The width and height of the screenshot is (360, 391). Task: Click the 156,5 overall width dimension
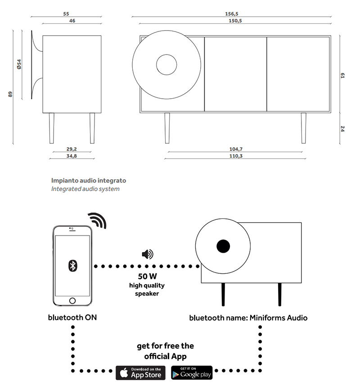click(x=232, y=14)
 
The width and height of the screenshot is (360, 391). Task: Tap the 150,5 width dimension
click(x=232, y=21)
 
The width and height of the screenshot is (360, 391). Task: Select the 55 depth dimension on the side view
click(x=67, y=14)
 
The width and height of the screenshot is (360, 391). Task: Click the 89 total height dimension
click(x=10, y=94)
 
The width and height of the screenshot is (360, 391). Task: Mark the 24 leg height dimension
click(x=342, y=128)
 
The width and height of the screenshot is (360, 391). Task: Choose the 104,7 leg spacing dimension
click(x=236, y=149)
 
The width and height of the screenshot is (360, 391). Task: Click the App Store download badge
click(x=141, y=373)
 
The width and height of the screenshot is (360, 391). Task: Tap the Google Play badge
click(x=192, y=373)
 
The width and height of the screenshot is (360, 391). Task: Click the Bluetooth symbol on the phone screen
click(x=72, y=265)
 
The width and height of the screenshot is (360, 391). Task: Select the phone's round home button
click(x=72, y=301)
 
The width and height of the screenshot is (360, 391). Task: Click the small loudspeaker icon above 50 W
click(x=147, y=255)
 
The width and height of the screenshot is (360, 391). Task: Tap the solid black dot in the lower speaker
click(x=223, y=246)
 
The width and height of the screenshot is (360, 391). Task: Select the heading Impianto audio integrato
click(x=89, y=180)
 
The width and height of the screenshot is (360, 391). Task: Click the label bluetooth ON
click(x=72, y=318)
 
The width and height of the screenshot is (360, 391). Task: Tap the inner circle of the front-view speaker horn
click(x=166, y=65)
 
